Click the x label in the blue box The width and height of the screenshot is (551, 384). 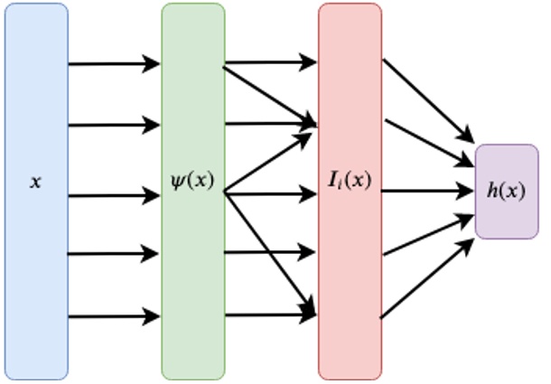pos(36,182)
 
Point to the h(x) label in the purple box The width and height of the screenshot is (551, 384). pos(506,191)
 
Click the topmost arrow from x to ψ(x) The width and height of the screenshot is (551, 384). pos(114,64)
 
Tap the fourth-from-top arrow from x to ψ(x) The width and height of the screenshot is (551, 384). pos(114,254)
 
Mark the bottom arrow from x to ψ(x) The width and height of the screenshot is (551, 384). pos(114,316)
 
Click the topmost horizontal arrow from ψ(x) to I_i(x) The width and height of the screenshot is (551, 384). pos(270,63)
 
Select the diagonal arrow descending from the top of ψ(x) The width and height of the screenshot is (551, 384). pos(270,94)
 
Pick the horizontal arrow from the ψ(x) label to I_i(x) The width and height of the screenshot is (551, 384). pos(270,192)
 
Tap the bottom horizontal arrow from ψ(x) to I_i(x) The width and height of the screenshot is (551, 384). pos(270,315)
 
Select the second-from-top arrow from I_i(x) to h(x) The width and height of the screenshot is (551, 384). pos(429,141)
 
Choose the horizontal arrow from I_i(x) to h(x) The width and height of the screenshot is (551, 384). pos(428,192)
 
